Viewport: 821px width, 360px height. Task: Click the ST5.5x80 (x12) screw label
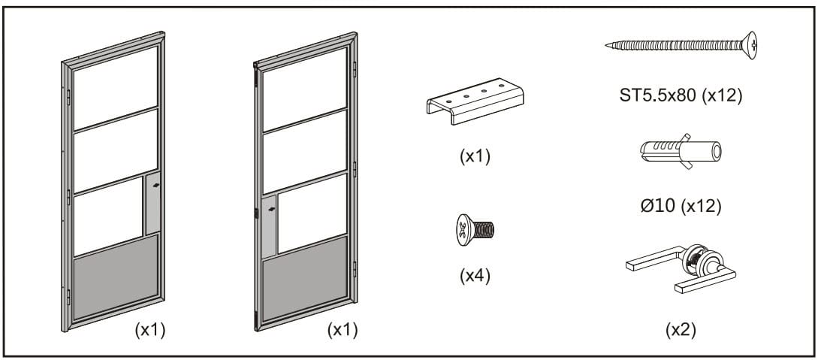[x=679, y=97]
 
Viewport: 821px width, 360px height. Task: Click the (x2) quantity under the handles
[x=680, y=330]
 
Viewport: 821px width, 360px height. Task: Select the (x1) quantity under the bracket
[x=474, y=157]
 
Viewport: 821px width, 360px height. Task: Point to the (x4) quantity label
[x=474, y=275]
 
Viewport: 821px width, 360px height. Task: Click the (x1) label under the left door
[x=149, y=330]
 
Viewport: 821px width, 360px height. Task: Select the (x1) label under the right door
[x=343, y=330]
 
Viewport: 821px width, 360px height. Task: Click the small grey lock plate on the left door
[x=152, y=203]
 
